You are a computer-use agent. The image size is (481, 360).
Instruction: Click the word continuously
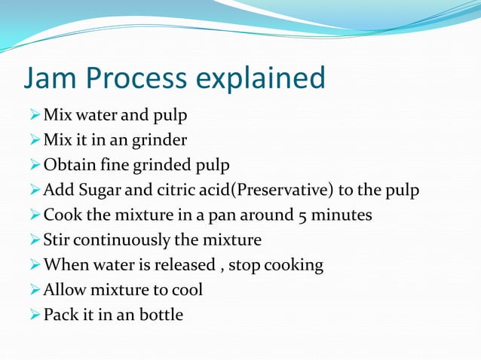[130, 240]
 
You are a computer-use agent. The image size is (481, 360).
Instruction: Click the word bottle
[161, 315]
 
